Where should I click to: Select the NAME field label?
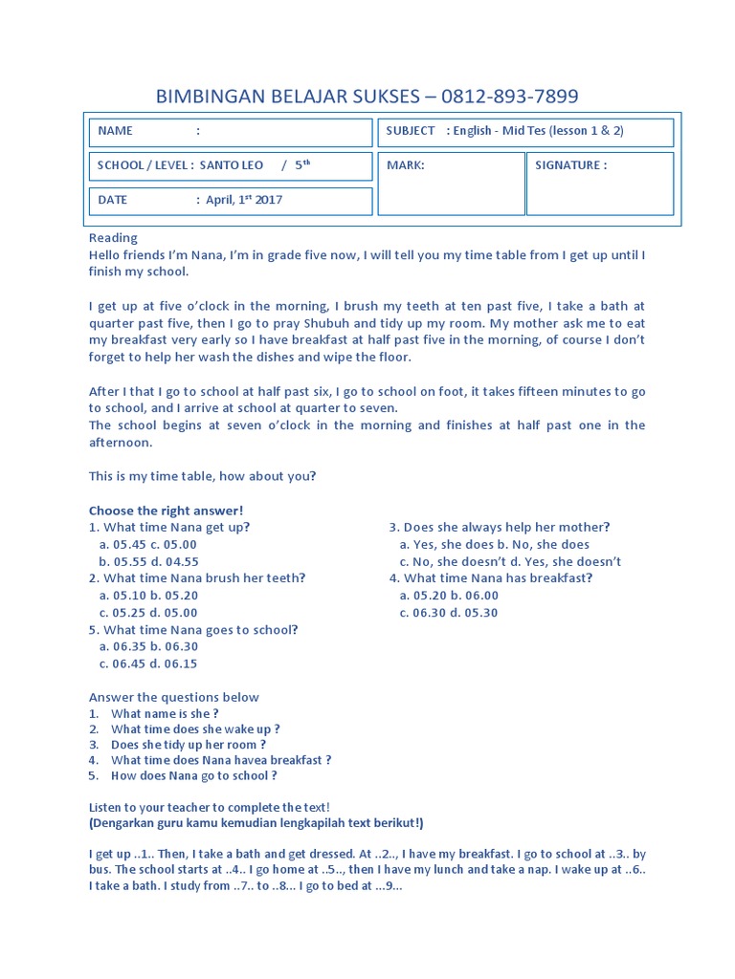pyautogui.click(x=116, y=131)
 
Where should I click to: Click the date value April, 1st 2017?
pyautogui.click(x=244, y=200)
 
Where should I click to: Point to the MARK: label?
pyautogui.click(x=405, y=164)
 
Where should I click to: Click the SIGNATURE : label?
pyautogui.click(x=570, y=164)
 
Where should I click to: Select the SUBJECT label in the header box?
pyautogui.click(x=411, y=131)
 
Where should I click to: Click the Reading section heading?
pyautogui.click(x=113, y=237)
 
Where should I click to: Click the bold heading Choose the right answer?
pyautogui.click(x=167, y=511)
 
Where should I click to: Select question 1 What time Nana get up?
pyautogui.click(x=169, y=527)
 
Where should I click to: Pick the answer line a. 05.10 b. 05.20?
pyautogui.click(x=148, y=596)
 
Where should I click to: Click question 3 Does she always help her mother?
pyautogui.click(x=499, y=527)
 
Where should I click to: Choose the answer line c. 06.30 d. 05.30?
pyautogui.click(x=449, y=613)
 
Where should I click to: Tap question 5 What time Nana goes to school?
pyautogui.click(x=193, y=630)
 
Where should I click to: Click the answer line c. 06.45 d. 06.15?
pyautogui.click(x=148, y=664)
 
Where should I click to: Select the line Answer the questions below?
pyautogui.click(x=173, y=697)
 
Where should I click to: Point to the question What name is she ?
pyautogui.click(x=165, y=714)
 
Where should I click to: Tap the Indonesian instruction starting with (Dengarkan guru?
pyautogui.click(x=256, y=822)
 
